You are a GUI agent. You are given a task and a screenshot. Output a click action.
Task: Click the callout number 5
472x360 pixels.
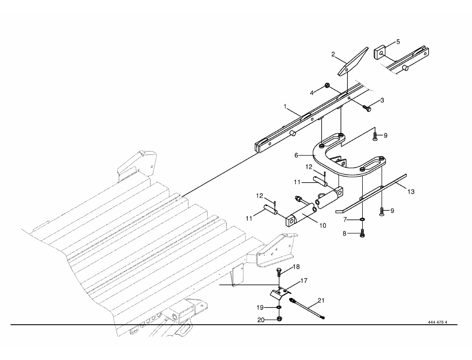[398, 42]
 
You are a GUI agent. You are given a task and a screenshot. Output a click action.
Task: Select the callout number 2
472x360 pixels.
[333, 55]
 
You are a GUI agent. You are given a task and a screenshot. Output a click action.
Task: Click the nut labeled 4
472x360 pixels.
[327, 86]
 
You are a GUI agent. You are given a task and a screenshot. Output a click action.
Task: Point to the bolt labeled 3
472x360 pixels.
[367, 107]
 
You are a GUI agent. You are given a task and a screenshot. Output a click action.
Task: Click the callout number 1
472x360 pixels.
[285, 106]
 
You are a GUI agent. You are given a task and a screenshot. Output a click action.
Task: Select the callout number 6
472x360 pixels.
[296, 155]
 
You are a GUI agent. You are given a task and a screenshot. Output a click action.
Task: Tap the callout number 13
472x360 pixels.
[411, 192]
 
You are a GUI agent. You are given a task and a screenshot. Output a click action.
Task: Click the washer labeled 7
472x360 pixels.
[362, 219]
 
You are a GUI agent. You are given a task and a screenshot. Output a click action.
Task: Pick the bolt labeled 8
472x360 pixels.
[362, 232]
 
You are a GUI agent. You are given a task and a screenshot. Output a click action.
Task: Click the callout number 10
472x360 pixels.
[322, 225]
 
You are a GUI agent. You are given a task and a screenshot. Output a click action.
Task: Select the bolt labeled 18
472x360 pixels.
[279, 273]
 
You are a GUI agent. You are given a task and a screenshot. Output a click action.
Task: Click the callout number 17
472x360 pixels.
[304, 281]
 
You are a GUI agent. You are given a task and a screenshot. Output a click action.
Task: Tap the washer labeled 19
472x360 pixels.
[279, 307]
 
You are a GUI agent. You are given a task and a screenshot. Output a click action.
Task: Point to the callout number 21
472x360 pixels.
[321, 300]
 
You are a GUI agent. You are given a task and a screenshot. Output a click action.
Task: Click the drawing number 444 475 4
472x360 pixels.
[437, 322]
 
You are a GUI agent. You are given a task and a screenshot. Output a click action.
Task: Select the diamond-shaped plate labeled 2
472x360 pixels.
[353, 62]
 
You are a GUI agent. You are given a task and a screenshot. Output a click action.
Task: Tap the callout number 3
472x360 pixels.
[382, 100]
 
